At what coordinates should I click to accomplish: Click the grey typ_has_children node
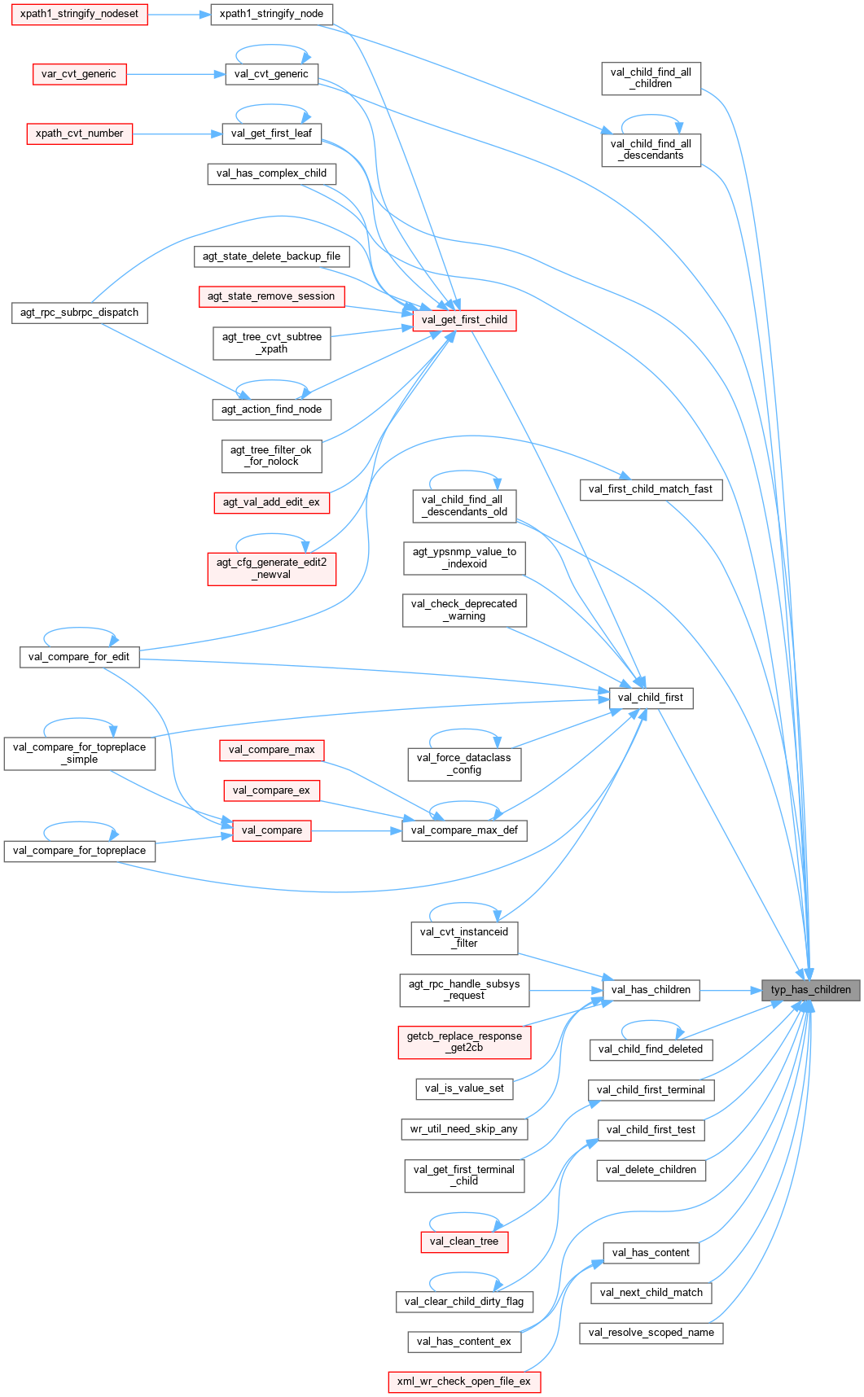tap(810, 990)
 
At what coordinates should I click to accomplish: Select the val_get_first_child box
tap(464, 320)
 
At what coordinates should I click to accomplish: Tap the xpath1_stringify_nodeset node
tap(79, 14)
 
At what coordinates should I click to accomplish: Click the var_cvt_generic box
tap(79, 74)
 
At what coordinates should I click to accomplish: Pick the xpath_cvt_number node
tap(79, 134)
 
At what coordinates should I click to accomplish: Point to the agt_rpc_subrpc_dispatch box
tap(79, 313)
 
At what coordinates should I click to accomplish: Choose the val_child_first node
tap(651, 698)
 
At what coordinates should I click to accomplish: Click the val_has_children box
tap(651, 990)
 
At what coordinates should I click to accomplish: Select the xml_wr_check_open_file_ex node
tap(463, 1382)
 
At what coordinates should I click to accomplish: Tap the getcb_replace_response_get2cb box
tap(464, 1042)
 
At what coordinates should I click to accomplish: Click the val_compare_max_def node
tap(464, 830)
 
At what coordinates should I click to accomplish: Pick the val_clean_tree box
tap(463, 1242)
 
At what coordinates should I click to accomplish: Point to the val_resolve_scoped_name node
tap(651, 1333)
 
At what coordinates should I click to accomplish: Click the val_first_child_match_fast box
tap(651, 489)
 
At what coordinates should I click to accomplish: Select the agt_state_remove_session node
tap(271, 296)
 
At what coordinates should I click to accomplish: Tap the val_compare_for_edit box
tap(79, 657)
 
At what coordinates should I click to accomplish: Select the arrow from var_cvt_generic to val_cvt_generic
tap(175, 74)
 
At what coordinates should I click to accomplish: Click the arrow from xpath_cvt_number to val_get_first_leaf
tap(177, 134)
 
